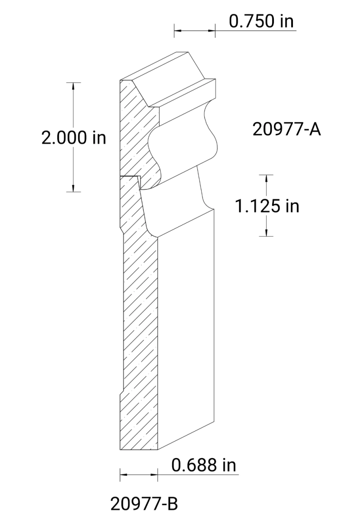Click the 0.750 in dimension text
[261, 21]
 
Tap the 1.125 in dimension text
[267, 206]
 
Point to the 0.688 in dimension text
[204, 465]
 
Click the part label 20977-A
[286, 129]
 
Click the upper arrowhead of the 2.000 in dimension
[74, 86]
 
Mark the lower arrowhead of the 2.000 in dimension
[74, 187]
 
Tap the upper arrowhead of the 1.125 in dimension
[267, 178]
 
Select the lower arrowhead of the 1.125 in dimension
[267, 233]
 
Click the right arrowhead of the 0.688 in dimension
[154, 474]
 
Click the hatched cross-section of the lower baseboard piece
[138, 324]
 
